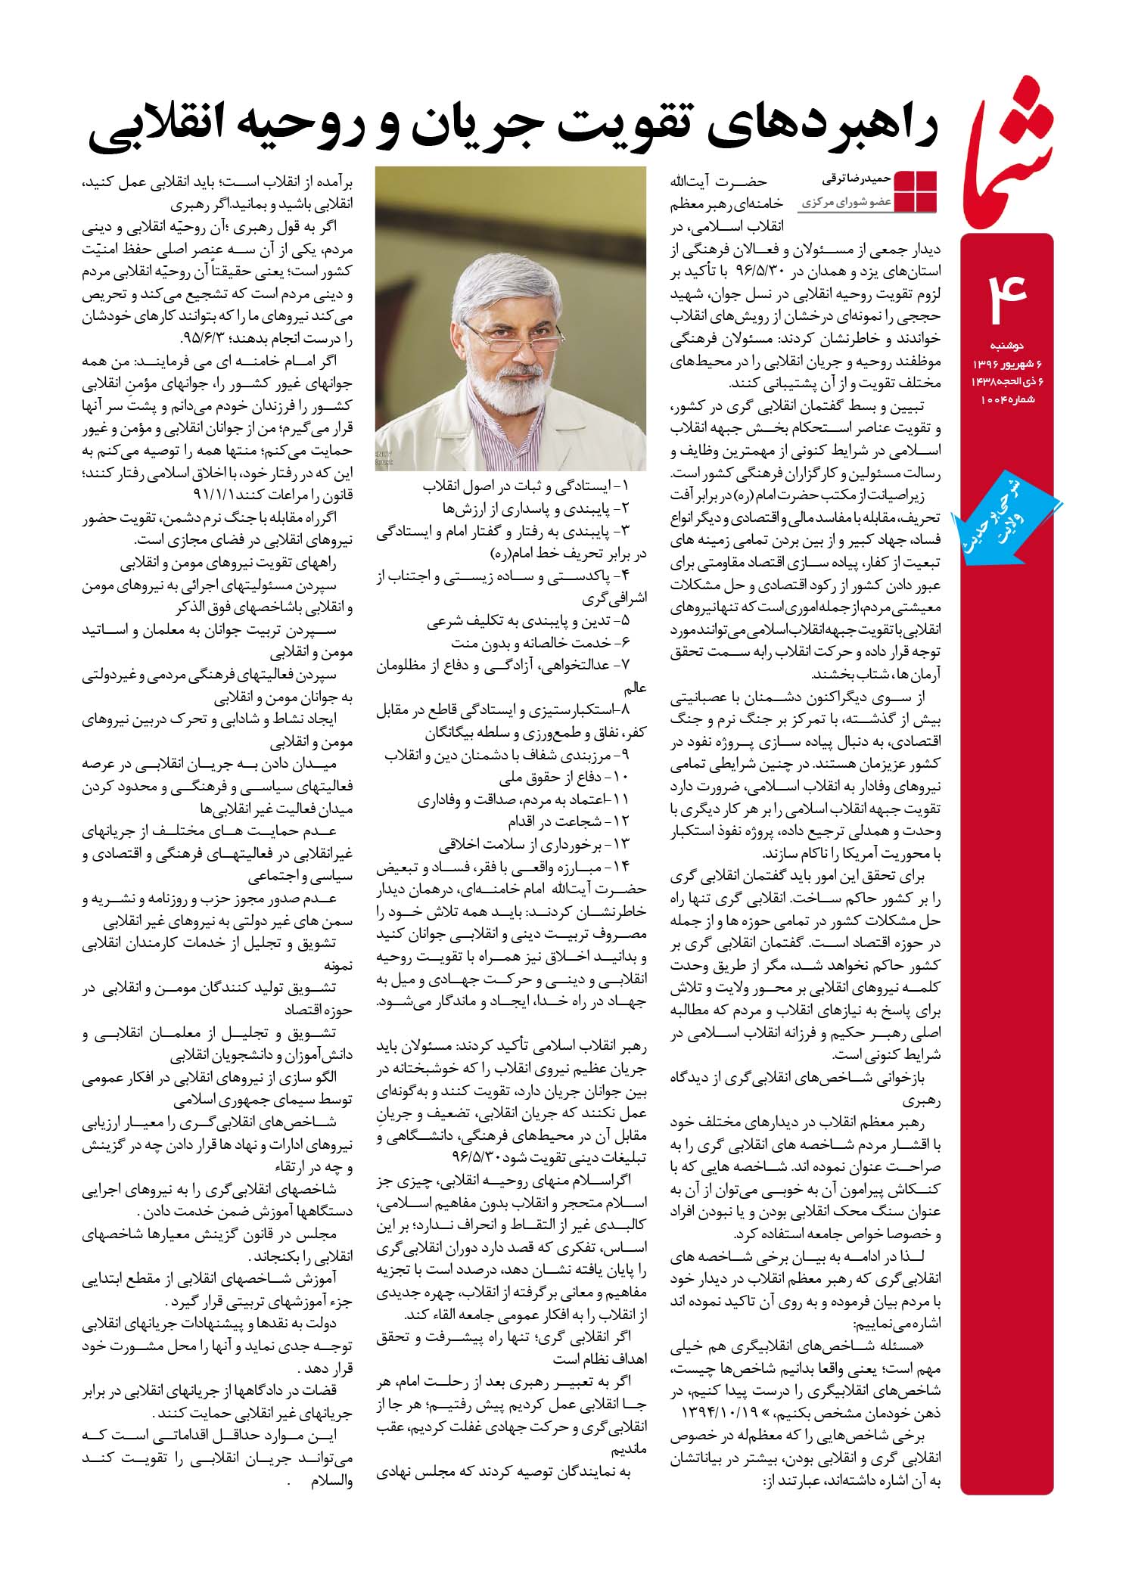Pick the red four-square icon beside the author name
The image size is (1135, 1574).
pos(916,191)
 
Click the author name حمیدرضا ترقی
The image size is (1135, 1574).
pos(857,181)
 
